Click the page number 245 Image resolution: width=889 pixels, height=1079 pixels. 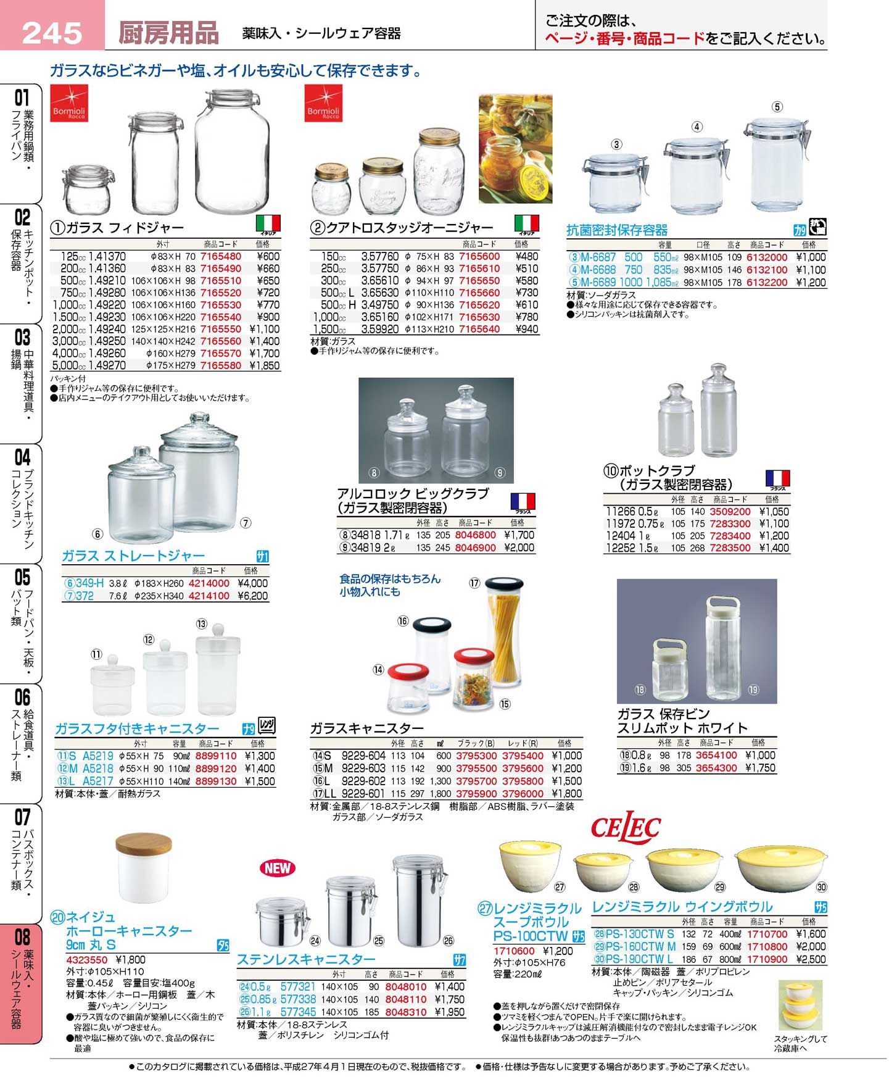(52, 33)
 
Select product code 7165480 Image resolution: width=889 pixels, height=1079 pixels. (221, 257)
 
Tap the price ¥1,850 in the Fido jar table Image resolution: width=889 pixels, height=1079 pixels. (264, 365)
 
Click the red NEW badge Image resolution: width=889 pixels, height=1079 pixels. (278, 868)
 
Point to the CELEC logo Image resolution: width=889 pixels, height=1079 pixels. (626, 827)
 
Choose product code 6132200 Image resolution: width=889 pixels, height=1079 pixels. (767, 282)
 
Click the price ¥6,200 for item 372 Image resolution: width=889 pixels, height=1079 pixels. (252, 596)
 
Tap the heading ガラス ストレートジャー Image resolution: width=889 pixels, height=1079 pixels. (133, 556)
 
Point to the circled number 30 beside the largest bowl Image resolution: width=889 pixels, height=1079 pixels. (821, 887)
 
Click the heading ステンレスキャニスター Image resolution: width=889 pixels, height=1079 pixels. (306, 959)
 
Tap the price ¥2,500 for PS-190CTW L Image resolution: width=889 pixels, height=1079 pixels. (810, 959)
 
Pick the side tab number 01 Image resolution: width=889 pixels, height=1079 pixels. (22, 98)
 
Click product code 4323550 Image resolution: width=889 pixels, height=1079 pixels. (87, 960)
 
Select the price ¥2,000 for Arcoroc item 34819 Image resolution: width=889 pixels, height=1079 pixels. (519, 548)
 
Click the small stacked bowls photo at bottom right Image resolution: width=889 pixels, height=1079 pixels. (800, 1005)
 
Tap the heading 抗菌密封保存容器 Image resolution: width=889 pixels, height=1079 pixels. (617, 230)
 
